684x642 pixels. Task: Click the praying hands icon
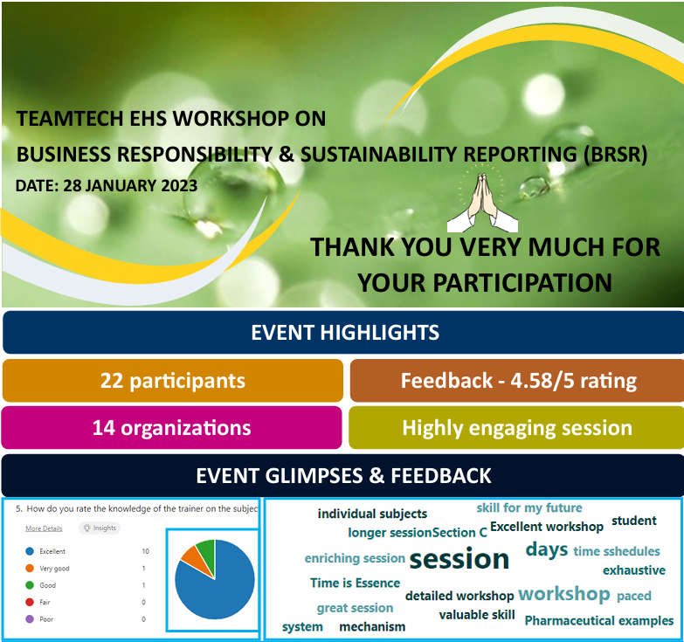[x=482, y=202]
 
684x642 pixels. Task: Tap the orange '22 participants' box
[x=173, y=380]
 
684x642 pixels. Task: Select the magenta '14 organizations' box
[x=171, y=427]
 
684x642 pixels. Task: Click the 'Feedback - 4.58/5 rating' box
[x=517, y=380]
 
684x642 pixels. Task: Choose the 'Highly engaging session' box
[x=516, y=427]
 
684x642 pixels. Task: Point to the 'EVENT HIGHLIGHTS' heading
[x=345, y=332]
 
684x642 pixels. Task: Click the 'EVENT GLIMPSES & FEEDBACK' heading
[x=343, y=475]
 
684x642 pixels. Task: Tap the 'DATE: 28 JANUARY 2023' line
[x=107, y=186]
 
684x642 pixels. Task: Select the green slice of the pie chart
[x=207, y=550]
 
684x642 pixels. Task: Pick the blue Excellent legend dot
[x=30, y=551]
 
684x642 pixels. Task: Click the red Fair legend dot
[x=30, y=603]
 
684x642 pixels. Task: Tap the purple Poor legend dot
[x=30, y=619]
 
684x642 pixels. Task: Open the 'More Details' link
[x=44, y=528]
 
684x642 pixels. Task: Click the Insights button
[x=100, y=528]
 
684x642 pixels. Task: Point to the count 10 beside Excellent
[x=145, y=551]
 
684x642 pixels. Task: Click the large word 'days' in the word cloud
[x=547, y=549]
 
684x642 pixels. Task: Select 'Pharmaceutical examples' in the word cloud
[x=599, y=620]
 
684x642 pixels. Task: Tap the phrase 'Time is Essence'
[x=355, y=583]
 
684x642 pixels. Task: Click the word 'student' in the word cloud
[x=634, y=521]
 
